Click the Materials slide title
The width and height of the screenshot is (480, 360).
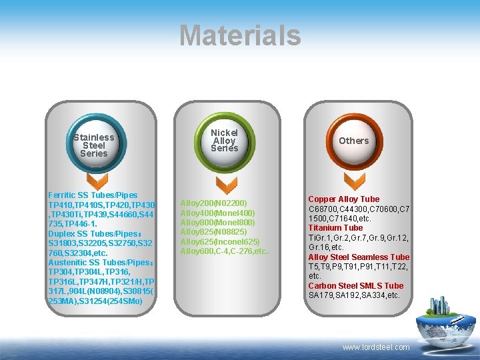[240, 35]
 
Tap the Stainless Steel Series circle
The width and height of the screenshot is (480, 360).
[93, 145]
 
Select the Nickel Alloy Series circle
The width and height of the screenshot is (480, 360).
[224, 141]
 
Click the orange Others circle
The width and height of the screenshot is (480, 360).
[353, 141]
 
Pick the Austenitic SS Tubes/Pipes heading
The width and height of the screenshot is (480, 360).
[97, 263]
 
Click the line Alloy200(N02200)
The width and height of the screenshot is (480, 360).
[214, 203]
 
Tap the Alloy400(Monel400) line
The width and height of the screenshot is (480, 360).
[218, 213]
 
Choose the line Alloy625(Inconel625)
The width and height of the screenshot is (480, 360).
[220, 241]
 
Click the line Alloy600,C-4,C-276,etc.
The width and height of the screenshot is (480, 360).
[224, 251]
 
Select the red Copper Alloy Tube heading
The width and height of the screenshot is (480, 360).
[343, 199]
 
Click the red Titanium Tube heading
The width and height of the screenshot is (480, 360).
[335, 228]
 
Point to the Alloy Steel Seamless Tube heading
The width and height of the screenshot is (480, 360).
[359, 257]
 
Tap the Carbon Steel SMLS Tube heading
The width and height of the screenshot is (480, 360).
[355, 286]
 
